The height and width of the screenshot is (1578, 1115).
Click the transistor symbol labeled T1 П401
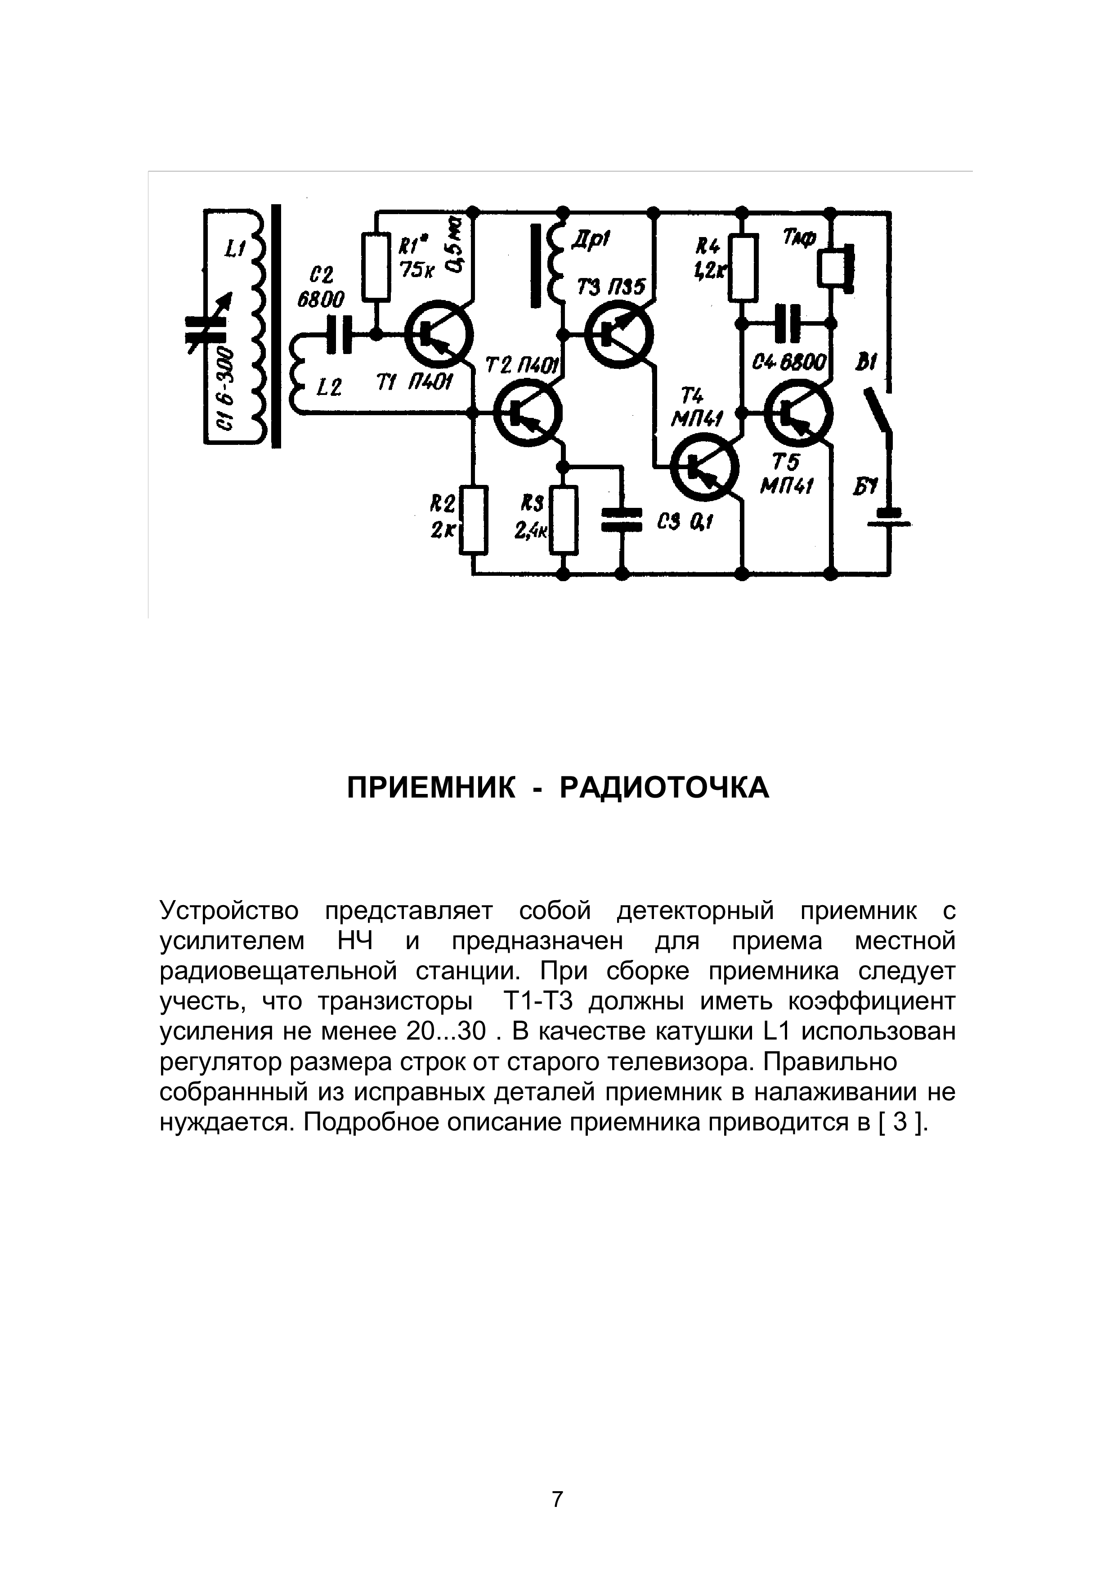(x=438, y=336)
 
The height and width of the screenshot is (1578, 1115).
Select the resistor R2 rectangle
(x=473, y=520)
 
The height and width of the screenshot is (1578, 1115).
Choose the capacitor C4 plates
(x=787, y=323)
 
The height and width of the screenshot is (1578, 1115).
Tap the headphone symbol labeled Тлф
(x=835, y=269)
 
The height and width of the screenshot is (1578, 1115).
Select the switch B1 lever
(x=878, y=412)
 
